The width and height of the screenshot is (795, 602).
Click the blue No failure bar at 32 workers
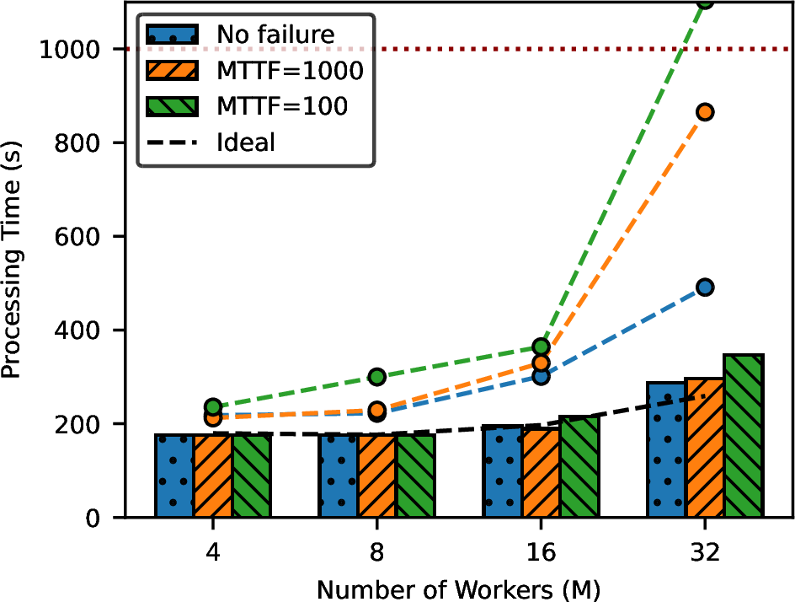click(666, 449)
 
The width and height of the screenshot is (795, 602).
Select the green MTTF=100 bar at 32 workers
click(744, 436)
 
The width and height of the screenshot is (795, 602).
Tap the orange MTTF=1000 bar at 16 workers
click(541, 472)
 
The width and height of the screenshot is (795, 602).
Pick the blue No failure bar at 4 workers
click(174, 476)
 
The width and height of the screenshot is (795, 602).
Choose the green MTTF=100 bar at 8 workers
click(416, 476)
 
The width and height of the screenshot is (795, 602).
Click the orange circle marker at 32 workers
click(705, 112)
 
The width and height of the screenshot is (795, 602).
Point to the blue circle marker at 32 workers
click(705, 288)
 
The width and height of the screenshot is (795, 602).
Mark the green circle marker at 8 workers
click(376, 377)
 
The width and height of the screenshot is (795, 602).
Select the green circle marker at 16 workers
click(541, 347)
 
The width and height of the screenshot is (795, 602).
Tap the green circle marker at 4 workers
click(213, 407)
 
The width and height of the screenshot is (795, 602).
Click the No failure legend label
click(276, 35)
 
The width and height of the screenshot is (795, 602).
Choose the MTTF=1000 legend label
click(290, 71)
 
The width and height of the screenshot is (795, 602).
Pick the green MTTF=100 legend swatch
click(173, 106)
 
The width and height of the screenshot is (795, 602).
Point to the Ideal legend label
click(246, 142)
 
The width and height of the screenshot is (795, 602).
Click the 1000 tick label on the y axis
click(69, 50)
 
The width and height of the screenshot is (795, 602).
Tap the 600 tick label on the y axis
click(77, 237)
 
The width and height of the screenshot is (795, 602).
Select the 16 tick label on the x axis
click(541, 551)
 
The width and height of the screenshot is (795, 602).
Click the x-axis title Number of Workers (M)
click(458, 590)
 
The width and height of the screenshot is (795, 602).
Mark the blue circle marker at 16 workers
click(541, 376)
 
